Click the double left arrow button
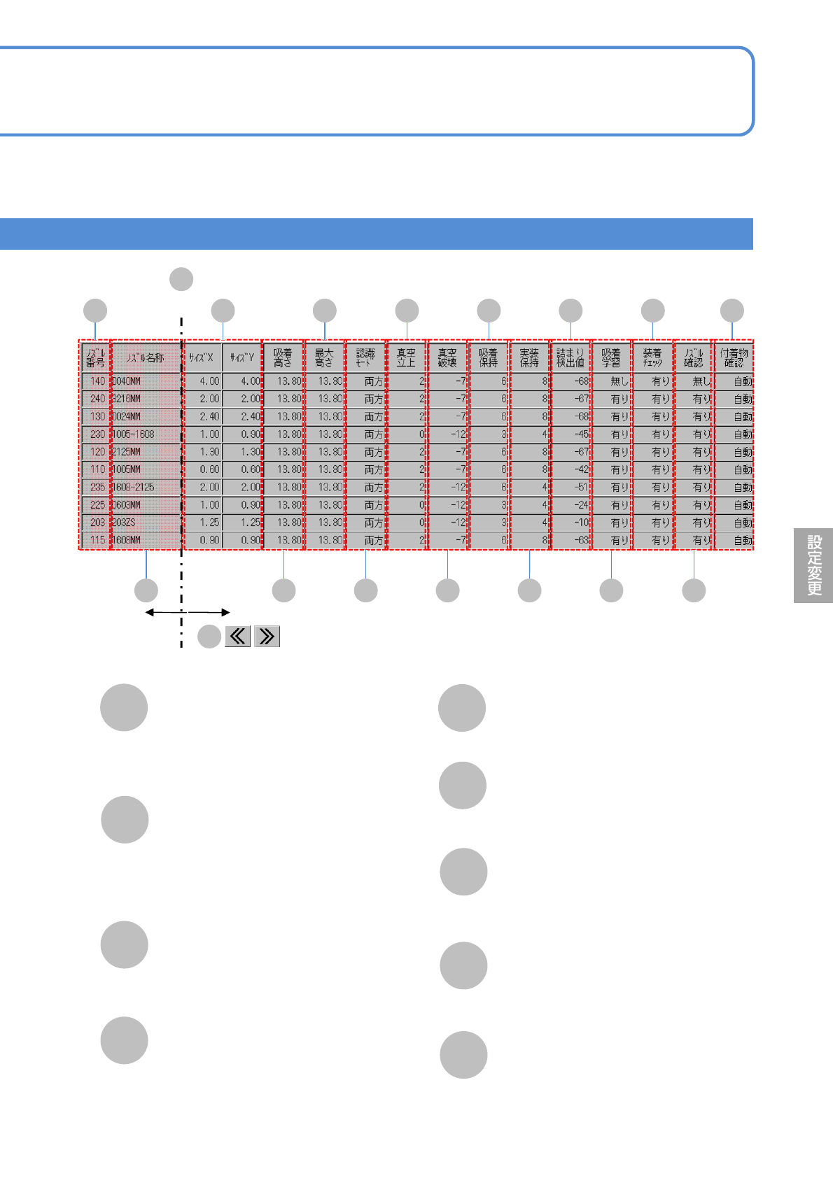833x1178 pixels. click(238, 636)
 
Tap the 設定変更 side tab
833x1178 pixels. click(813, 565)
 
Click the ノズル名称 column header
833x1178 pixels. click(146, 357)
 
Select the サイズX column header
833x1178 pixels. click(202, 357)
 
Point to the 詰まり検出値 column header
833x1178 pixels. click(570, 357)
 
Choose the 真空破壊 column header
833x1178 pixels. click(447, 357)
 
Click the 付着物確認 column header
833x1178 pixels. click(734, 357)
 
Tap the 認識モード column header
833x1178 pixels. click(365, 357)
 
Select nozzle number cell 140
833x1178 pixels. click(97, 381)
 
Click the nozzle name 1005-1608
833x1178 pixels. click(146, 434)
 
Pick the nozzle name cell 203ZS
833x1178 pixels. click(146, 523)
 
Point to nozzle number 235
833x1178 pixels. click(97, 487)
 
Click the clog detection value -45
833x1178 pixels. click(570, 434)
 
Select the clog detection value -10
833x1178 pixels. click(570, 523)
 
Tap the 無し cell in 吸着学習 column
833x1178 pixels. click(612, 381)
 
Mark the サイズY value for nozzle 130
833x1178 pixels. click(242, 416)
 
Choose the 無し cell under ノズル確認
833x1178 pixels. click(694, 381)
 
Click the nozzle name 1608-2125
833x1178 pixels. click(146, 487)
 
